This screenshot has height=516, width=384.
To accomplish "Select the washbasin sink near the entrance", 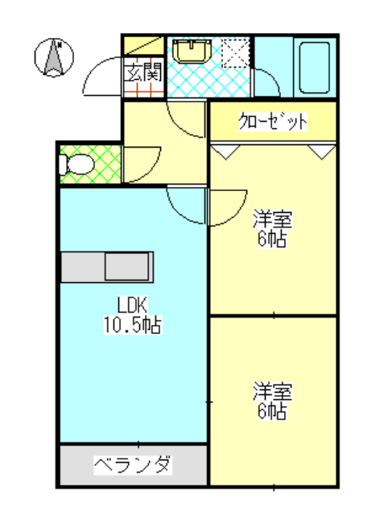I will tap(192, 51).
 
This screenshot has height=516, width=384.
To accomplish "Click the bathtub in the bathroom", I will tap(312, 66).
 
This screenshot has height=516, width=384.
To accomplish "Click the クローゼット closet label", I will tap(273, 122).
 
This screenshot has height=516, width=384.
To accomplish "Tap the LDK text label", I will tap(131, 306).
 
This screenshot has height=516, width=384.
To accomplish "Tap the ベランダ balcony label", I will tap(133, 465).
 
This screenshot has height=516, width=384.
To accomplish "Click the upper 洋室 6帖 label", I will tap(272, 228).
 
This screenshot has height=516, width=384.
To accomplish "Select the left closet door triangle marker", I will tap(225, 151).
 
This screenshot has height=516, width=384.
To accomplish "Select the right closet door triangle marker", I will tap(321, 151).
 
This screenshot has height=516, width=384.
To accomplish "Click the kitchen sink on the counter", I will tap(128, 267).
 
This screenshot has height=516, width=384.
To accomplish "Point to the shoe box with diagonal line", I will tap(142, 46).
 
